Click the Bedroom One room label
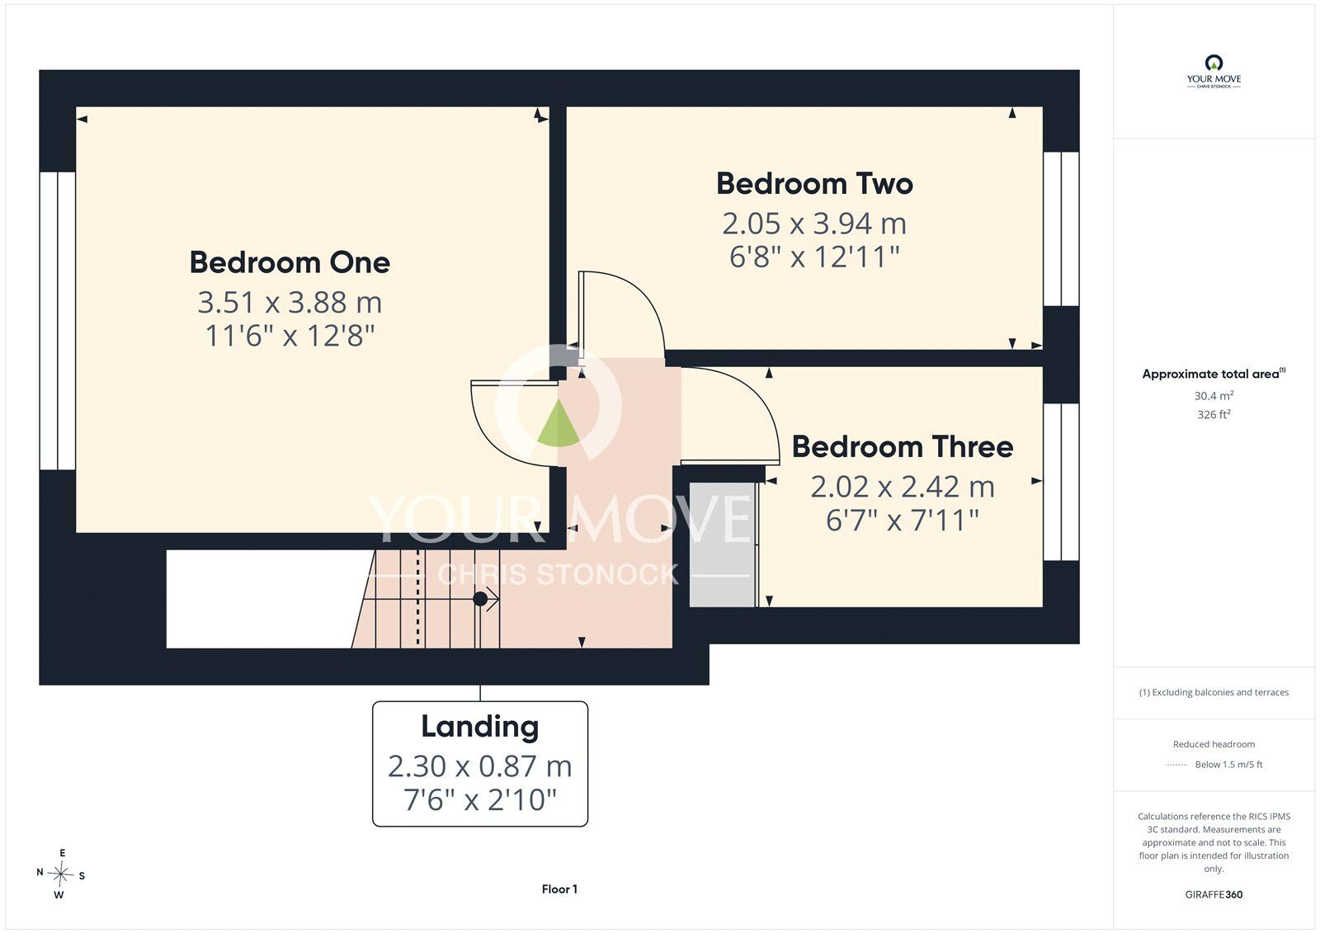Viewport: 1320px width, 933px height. coord(290,263)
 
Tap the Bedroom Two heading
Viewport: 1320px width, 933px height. coord(814,184)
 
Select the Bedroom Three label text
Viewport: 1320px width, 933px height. coord(903,447)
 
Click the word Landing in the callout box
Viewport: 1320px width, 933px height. coord(479,728)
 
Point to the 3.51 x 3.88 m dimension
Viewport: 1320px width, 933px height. coord(290,303)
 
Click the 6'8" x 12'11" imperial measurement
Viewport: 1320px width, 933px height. coord(814,257)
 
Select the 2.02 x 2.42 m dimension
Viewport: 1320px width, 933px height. coord(903,487)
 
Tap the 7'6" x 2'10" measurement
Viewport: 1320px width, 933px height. coord(479,800)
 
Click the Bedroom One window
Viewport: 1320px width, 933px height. coord(58,321)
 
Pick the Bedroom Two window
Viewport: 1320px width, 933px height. coord(1061,229)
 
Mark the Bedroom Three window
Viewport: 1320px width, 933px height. coord(1061,482)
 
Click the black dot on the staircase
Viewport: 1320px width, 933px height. coord(479,600)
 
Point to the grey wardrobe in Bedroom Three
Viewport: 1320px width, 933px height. coord(722,544)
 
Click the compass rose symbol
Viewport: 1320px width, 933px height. coord(60,874)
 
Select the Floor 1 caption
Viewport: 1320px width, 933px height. coord(559,888)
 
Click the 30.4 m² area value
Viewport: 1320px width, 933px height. coord(1214,395)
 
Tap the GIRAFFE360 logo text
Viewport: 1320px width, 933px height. coord(1214,894)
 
